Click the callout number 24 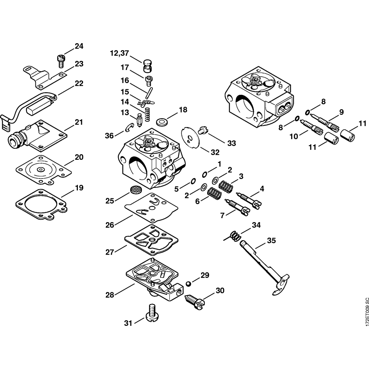click(x=79, y=46)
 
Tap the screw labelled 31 click(x=152, y=312)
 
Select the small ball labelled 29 click(x=188, y=284)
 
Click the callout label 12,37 click(x=120, y=54)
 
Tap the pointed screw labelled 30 click(x=194, y=302)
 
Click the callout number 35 click(x=271, y=241)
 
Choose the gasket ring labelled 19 click(x=41, y=204)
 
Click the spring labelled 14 click(x=148, y=114)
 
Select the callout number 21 click(x=79, y=123)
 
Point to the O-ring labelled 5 click(x=193, y=181)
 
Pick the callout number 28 click(x=110, y=295)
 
